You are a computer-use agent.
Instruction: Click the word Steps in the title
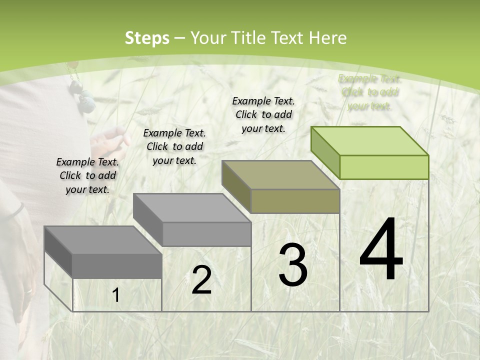tap(147, 38)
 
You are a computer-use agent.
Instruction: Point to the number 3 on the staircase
tap(292, 264)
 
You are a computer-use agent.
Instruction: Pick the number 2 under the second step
tap(201, 280)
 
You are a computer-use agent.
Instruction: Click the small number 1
tap(116, 295)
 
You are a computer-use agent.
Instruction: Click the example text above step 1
tap(87, 175)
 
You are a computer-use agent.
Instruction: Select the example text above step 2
tap(174, 146)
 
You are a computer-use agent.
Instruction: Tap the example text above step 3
tap(263, 114)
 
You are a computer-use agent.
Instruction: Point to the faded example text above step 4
tap(369, 92)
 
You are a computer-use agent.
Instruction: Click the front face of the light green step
tap(384, 167)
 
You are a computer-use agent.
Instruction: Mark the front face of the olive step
tap(295, 201)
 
